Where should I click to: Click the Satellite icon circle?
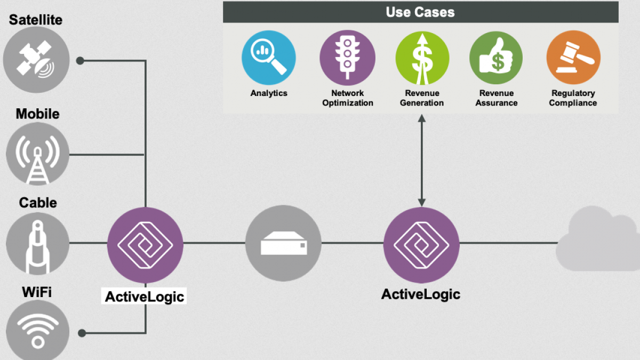tap(36, 60)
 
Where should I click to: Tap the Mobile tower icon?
tap(37, 154)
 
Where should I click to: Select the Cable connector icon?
tap(37, 243)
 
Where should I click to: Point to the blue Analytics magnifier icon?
tap(269, 58)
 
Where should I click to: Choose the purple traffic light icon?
tap(347, 58)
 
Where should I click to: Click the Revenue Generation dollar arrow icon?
tap(422, 58)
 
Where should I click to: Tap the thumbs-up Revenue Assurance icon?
tap(496, 58)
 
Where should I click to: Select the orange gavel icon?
tap(573, 58)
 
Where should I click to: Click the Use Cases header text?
tap(420, 12)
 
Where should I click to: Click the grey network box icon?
tap(283, 243)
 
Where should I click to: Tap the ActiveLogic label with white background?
tap(144, 297)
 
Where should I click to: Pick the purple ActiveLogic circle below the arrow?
tap(421, 245)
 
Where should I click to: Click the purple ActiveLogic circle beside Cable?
tap(145, 245)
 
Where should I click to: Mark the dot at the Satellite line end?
tap(80, 61)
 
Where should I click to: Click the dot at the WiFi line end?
tap(82, 333)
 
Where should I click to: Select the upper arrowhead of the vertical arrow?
tap(422, 118)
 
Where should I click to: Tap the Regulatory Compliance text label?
tap(573, 98)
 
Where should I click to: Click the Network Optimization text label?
tap(347, 98)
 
